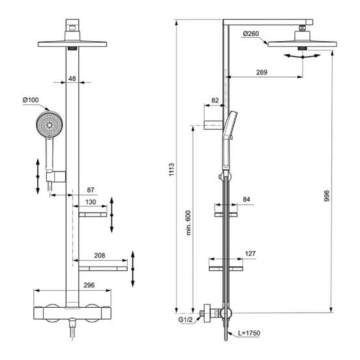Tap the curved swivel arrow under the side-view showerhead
pyautogui.click(x=301, y=57)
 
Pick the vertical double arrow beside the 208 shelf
pyautogui.click(x=133, y=267)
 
